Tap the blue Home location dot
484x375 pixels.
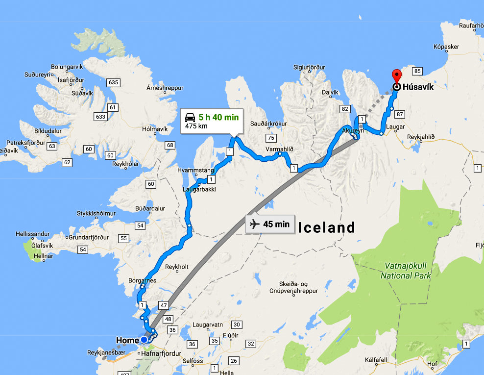[144, 340]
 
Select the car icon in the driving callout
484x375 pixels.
[190, 118]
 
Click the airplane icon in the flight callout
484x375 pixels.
[254, 225]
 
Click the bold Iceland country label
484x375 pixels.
[326, 227]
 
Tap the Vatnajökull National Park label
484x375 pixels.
[406, 271]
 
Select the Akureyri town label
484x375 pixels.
[355, 131]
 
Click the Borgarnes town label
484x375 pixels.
[142, 281]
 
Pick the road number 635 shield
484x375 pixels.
[114, 82]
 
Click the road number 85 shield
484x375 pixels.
[417, 71]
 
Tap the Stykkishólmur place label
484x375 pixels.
[96, 214]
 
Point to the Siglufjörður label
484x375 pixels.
[309, 67]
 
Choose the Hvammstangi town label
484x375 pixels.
[197, 170]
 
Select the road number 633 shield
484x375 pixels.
[101, 117]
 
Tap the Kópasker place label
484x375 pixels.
[446, 47]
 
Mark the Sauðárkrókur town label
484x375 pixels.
[268, 124]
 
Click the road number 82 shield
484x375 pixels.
[346, 109]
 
